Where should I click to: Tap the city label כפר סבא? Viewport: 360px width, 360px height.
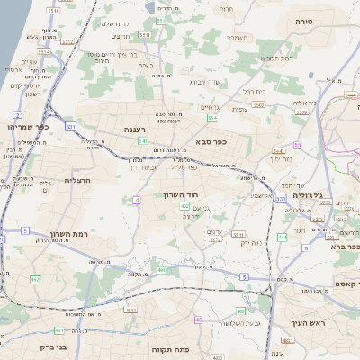209,141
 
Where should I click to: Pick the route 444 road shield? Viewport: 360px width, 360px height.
282,238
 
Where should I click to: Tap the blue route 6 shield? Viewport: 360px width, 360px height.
306,247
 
